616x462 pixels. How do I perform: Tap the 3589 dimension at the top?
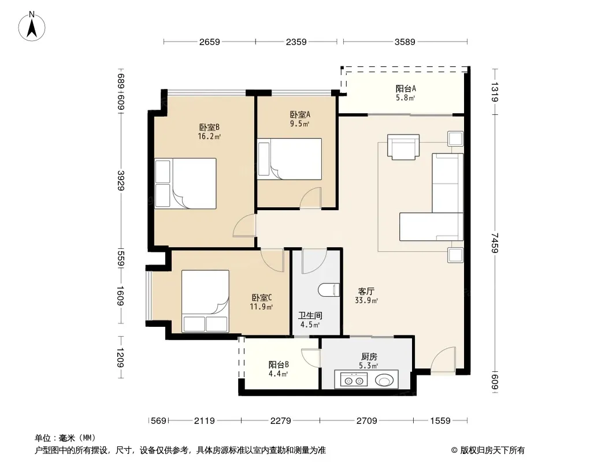click(x=405, y=42)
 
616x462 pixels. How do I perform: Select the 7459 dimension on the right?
click(x=495, y=243)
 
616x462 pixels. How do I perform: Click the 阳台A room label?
click(x=406, y=89)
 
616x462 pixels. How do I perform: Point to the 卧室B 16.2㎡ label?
click(x=209, y=132)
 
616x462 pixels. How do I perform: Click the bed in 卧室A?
click(x=290, y=159)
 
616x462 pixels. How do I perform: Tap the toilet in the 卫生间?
click(x=329, y=290)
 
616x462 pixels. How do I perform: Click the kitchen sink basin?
click(x=384, y=380)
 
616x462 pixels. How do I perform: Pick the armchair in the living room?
click(x=403, y=147)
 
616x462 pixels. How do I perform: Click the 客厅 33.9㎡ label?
click(x=366, y=296)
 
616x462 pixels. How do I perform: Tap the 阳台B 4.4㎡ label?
click(x=279, y=369)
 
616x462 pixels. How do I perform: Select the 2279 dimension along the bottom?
click(x=280, y=421)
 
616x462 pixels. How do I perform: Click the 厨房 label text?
click(x=369, y=356)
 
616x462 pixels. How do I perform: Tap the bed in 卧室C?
click(x=205, y=301)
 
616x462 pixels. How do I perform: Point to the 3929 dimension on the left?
click(x=121, y=181)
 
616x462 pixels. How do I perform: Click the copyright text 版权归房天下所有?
click(x=492, y=450)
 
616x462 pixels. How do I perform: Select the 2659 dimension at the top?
click(x=209, y=42)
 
